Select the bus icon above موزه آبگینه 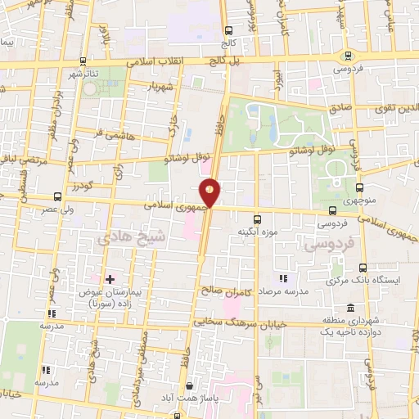(257, 219)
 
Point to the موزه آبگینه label (255, 233)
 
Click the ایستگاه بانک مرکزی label (372, 280)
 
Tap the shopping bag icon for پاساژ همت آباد (191, 385)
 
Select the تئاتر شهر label (83, 75)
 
